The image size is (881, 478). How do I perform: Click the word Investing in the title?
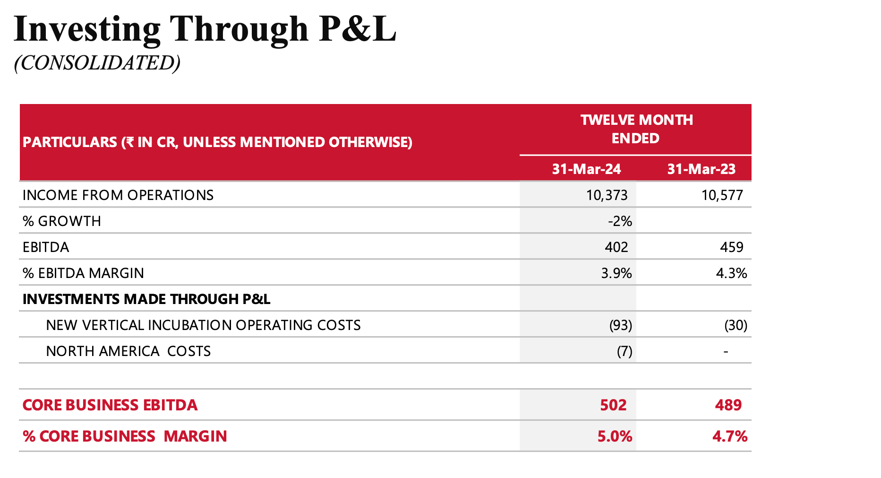pyautogui.click(x=87, y=29)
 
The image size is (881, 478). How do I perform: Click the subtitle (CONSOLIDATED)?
pyautogui.click(x=97, y=63)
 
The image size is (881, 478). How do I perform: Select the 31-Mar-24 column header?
pyautogui.click(x=586, y=169)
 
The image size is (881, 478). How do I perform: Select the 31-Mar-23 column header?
pyautogui.click(x=701, y=169)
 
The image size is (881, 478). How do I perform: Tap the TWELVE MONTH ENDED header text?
pyautogui.click(x=636, y=129)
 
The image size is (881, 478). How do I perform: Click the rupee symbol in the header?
pyautogui.click(x=129, y=142)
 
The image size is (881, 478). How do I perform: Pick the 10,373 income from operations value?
pyautogui.click(x=607, y=195)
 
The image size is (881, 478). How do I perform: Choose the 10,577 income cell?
pyautogui.click(x=722, y=195)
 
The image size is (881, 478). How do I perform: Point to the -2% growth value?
pyautogui.click(x=620, y=221)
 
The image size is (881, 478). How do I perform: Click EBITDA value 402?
pyautogui.click(x=616, y=247)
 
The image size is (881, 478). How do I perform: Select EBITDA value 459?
pyautogui.click(x=731, y=247)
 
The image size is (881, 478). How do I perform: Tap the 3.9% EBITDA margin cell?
pyautogui.click(x=616, y=273)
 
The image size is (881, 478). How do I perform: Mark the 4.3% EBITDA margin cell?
pyautogui.click(x=731, y=273)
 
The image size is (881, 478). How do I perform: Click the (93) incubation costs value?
pyautogui.click(x=620, y=325)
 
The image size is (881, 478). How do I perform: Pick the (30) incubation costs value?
pyautogui.click(x=736, y=325)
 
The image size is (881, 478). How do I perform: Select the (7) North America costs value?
pyautogui.click(x=624, y=351)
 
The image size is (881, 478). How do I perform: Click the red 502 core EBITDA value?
pyautogui.click(x=613, y=405)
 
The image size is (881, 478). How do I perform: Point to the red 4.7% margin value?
pyautogui.click(x=729, y=436)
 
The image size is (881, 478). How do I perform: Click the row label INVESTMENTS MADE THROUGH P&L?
pyautogui.click(x=146, y=299)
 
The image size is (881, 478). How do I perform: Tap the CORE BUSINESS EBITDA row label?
pyautogui.click(x=110, y=405)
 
